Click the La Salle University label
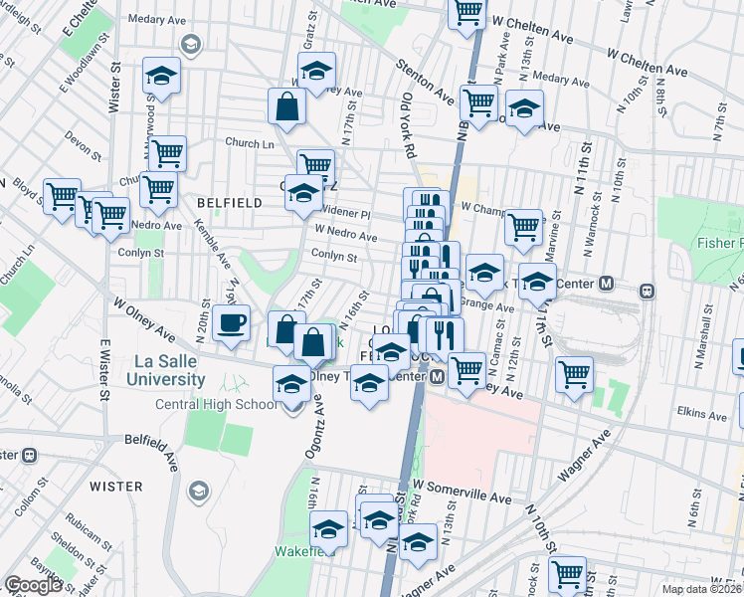click(165, 370)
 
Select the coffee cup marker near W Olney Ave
click(231, 324)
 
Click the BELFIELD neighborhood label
click(229, 202)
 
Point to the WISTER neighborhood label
click(116, 486)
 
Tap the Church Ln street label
click(249, 141)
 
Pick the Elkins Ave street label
click(704, 413)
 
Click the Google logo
click(33, 585)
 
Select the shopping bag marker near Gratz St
click(285, 106)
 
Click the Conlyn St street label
click(333, 256)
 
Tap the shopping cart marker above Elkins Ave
click(574, 375)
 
